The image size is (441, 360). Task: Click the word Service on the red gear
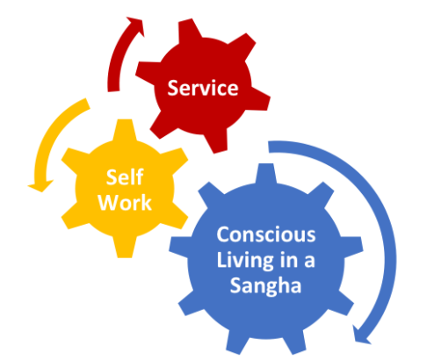tap(203, 88)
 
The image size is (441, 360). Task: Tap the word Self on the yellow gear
tap(125, 177)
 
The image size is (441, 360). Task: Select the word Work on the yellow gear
tap(125, 203)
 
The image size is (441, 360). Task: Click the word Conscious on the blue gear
tap(266, 234)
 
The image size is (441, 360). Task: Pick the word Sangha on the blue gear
tap(265, 285)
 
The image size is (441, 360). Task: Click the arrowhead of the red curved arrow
tap(136, 26)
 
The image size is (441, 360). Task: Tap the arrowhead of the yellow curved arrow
tap(40, 186)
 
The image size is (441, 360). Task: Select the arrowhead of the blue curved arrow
tap(361, 335)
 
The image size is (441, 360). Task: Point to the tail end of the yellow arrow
tap(88, 104)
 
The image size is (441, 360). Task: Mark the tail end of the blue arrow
tap(269, 147)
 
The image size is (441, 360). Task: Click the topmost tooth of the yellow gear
tap(125, 129)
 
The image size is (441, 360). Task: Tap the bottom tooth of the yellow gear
tap(125, 248)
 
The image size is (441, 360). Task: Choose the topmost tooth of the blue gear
tap(266, 173)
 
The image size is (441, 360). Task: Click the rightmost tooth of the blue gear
tap(353, 247)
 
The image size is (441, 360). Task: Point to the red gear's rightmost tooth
tap(260, 98)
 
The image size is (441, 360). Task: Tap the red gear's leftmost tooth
tap(148, 72)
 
